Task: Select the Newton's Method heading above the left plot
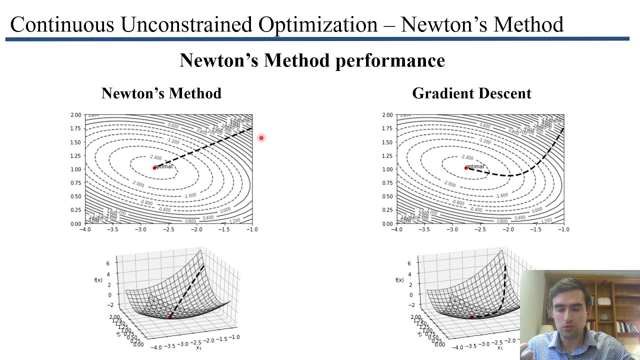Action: (x=161, y=93)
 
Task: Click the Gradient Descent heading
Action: (x=471, y=93)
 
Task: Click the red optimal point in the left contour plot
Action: (x=154, y=168)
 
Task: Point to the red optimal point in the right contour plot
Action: (x=466, y=168)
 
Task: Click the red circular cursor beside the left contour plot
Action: (x=261, y=138)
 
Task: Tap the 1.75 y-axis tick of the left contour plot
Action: (x=75, y=128)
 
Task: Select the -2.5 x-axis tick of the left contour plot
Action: (x=168, y=229)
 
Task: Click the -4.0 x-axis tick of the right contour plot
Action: (x=396, y=229)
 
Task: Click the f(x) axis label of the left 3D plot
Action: (x=98, y=280)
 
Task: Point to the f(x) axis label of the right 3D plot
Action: (x=399, y=280)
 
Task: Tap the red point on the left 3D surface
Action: (x=169, y=317)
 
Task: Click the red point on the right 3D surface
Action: (x=471, y=317)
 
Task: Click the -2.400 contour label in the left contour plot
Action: (x=155, y=157)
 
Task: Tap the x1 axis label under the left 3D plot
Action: (x=198, y=347)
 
